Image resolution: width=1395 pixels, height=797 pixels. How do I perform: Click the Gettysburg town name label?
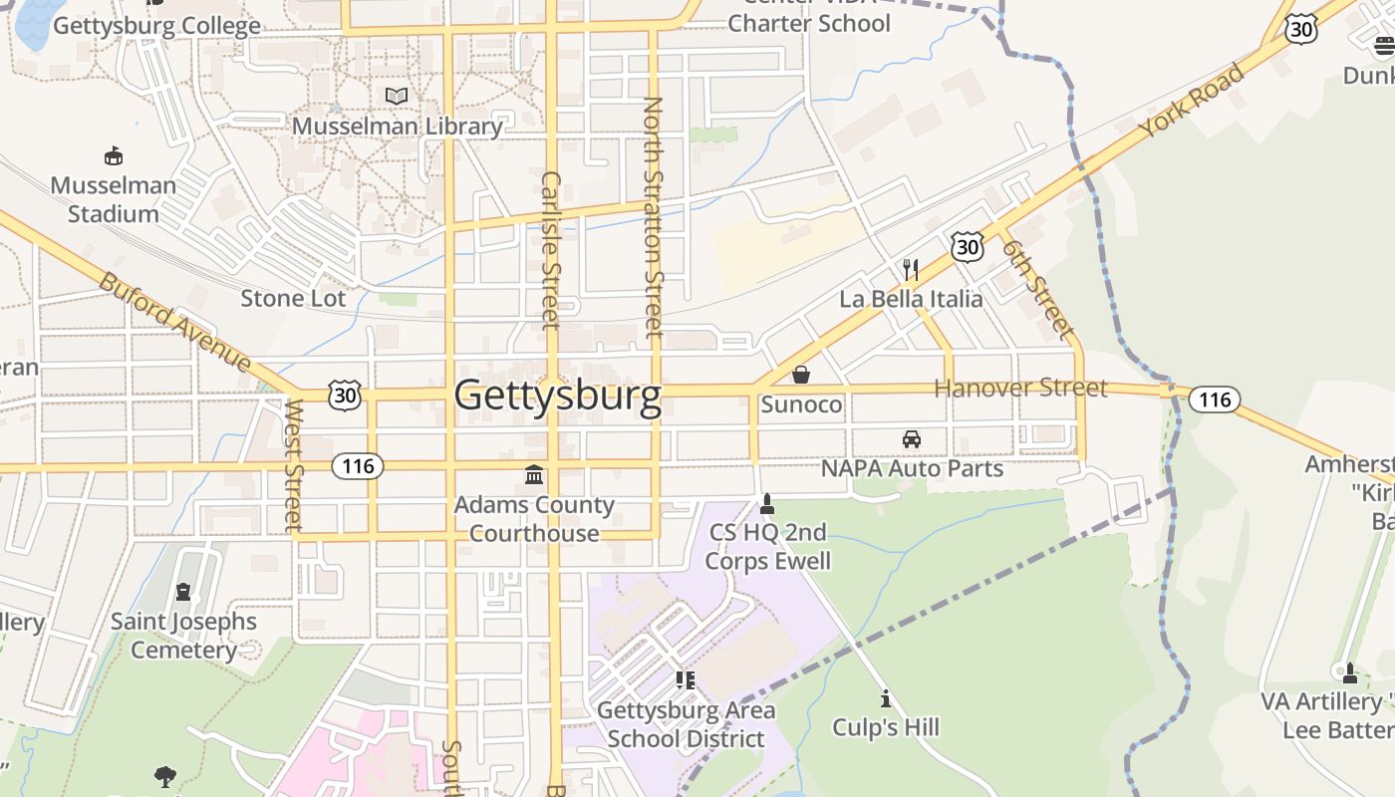click(557, 397)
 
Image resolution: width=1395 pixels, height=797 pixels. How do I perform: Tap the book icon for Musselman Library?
click(397, 96)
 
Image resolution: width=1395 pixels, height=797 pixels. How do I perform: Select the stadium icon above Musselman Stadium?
click(114, 156)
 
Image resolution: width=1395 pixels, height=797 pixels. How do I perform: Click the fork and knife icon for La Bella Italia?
click(910, 269)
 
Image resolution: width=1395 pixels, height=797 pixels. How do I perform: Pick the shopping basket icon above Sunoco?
click(801, 375)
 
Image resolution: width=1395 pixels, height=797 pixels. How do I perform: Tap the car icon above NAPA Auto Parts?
click(911, 439)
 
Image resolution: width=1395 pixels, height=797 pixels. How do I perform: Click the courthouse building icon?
click(534, 475)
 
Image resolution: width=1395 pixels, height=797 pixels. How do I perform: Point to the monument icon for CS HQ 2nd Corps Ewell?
click(767, 503)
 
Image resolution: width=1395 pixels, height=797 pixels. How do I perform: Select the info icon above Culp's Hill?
click(885, 698)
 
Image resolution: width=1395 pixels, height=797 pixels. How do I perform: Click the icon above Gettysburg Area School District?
click(685, 680)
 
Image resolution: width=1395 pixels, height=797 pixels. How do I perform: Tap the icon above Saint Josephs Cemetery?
click(183, 593)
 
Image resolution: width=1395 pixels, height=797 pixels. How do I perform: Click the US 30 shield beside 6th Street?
click(967, 246)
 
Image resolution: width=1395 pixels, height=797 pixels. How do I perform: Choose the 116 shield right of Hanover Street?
click(1215, 399)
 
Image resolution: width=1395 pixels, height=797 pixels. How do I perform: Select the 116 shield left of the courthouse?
click(358, 465)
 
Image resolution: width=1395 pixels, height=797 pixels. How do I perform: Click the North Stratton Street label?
click(654, 217)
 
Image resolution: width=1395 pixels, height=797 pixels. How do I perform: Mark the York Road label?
click(1193, 100)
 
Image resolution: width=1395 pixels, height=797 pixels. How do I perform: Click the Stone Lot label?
click(293, 298)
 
